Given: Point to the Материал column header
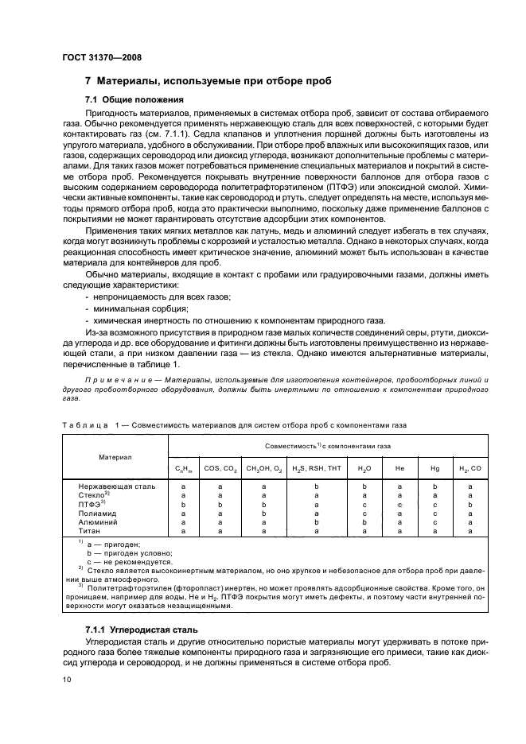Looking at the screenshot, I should click(115, 457).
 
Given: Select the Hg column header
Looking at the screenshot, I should click(435, 468).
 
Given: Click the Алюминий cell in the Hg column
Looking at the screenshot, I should click(435, 521).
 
